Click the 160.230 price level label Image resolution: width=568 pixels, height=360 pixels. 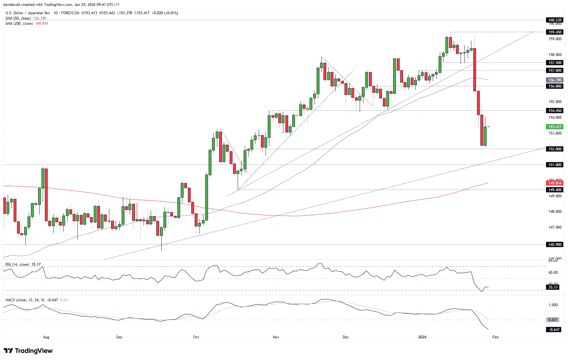[555, 20]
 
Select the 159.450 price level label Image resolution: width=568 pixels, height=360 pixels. [555, 32]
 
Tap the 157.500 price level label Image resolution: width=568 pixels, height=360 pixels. [555, 62]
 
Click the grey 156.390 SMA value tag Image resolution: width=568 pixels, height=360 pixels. [555, 80]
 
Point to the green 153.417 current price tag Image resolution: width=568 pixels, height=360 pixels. [555, 126]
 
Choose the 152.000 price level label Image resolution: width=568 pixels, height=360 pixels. [555, 149]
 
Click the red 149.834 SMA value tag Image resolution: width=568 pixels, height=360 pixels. [555, 183]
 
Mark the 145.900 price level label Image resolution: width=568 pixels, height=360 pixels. [555, 244]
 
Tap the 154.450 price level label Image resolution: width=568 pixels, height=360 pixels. [555, 110]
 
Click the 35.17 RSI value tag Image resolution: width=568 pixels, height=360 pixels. [553, 287]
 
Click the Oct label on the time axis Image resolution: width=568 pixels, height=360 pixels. [196, 337]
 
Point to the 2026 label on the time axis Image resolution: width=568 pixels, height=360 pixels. [422, 337]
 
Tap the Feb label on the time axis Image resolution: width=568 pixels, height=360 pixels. [495, 337]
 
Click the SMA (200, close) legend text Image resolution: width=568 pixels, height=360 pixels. [19, 24]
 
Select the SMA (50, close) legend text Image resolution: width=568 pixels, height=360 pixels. [18, 18]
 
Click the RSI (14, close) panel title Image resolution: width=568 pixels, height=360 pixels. [17, 264]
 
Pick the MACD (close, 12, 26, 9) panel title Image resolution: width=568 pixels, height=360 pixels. [25, 300]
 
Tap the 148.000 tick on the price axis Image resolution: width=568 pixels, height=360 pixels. [555, 212]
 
